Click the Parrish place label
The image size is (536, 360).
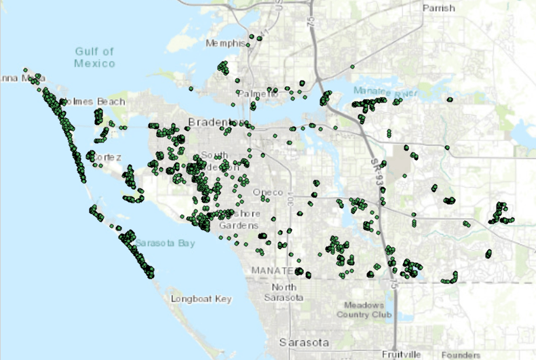pos(439,9)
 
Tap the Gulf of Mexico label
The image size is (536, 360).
pos(94,57)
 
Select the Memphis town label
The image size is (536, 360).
pos(224,43)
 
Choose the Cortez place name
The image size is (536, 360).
pos(107,157)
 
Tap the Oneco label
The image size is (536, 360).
pos(267,193)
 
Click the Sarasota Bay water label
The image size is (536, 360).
pos(164,242)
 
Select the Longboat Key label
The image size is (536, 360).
pos(202,299)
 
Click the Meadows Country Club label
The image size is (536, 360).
pos(368,310)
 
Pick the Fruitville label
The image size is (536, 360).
pos(402,355)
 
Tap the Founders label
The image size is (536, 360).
pos(461,355)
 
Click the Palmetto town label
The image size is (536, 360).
pos(258,94)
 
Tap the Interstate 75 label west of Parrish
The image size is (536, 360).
pos(311,24)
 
